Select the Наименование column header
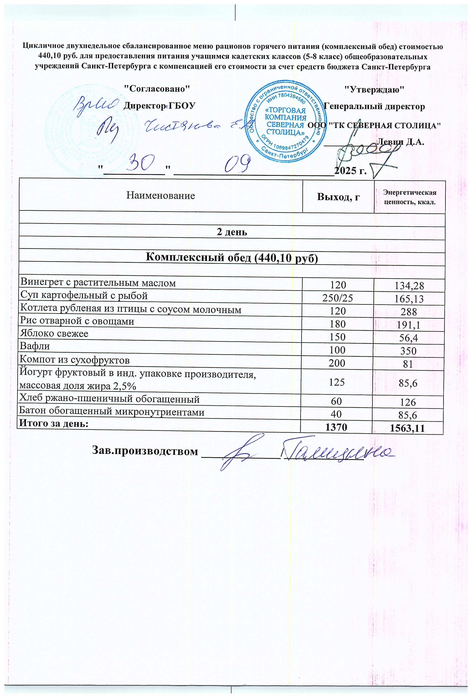[160, 195]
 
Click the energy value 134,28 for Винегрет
[409, 286]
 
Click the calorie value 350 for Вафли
[408, 351]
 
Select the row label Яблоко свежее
[54, 334]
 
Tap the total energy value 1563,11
[407, 428]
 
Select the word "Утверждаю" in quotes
[373, 90]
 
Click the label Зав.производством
[145, 451]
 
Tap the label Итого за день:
[54, 424]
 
